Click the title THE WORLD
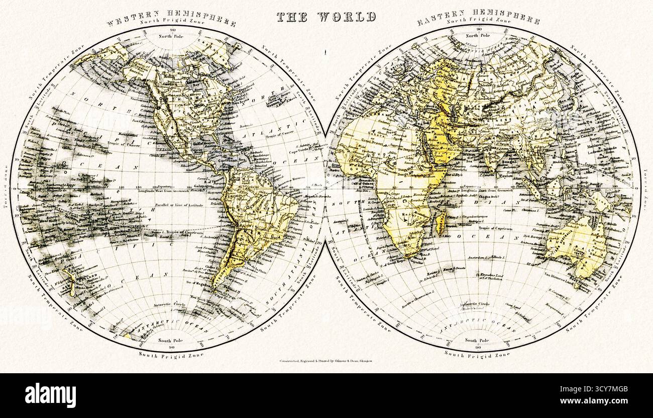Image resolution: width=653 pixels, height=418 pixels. (326, 17)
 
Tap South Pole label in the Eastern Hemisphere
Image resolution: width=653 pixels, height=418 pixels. (478, 340)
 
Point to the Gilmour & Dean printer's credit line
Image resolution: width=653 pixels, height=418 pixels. (326, 361)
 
